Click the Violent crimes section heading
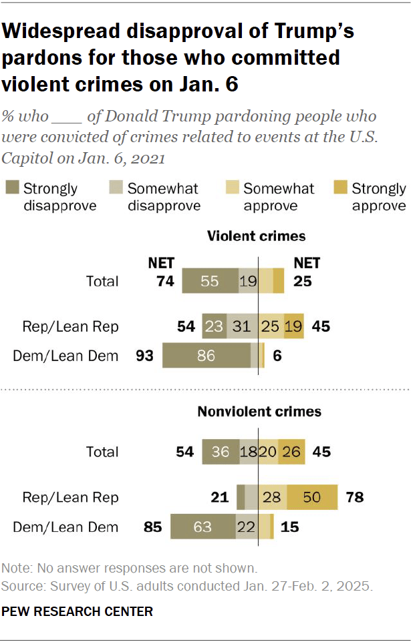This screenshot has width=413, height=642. (256, 236)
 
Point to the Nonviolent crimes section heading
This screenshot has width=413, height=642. (259, 412)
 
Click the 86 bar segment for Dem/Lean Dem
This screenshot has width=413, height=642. (206, 356)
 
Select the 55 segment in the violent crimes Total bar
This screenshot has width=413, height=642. (210, 281)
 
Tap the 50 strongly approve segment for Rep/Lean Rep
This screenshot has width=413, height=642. (313, 497)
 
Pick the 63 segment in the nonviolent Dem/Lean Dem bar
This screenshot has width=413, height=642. (202, 527)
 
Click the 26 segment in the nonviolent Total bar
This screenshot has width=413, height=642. (293, 452)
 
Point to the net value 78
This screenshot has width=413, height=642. (354, 497)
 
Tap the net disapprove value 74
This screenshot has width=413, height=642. (166, 281)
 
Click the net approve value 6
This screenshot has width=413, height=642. (277, 356)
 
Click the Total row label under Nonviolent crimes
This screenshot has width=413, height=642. (102, 452)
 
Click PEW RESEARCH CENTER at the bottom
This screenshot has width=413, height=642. (78, 611)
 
